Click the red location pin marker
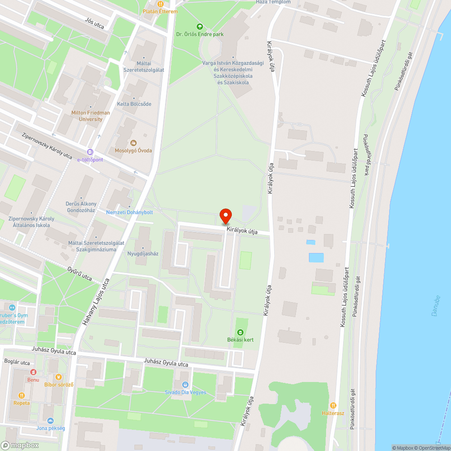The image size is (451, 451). (225, 216)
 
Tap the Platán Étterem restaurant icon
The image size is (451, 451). (161, 4)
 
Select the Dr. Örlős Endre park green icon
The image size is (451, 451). (200, 27)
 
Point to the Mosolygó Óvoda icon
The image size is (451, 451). (133, 143)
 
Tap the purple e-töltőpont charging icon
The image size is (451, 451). (90, 152)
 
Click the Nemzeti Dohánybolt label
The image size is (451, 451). (129, 212)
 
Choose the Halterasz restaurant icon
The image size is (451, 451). (333, 405)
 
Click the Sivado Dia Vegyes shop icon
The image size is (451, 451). (185, 385)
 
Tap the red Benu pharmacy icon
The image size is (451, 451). (33, 372)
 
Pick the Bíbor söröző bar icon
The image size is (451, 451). (59, 377)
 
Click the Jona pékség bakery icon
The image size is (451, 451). (51, 420)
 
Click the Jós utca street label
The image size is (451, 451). (94, 23)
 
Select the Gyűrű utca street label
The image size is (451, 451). (79, 274)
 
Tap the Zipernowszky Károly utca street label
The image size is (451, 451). (47, 146)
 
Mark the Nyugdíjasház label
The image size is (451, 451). (143, 253)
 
